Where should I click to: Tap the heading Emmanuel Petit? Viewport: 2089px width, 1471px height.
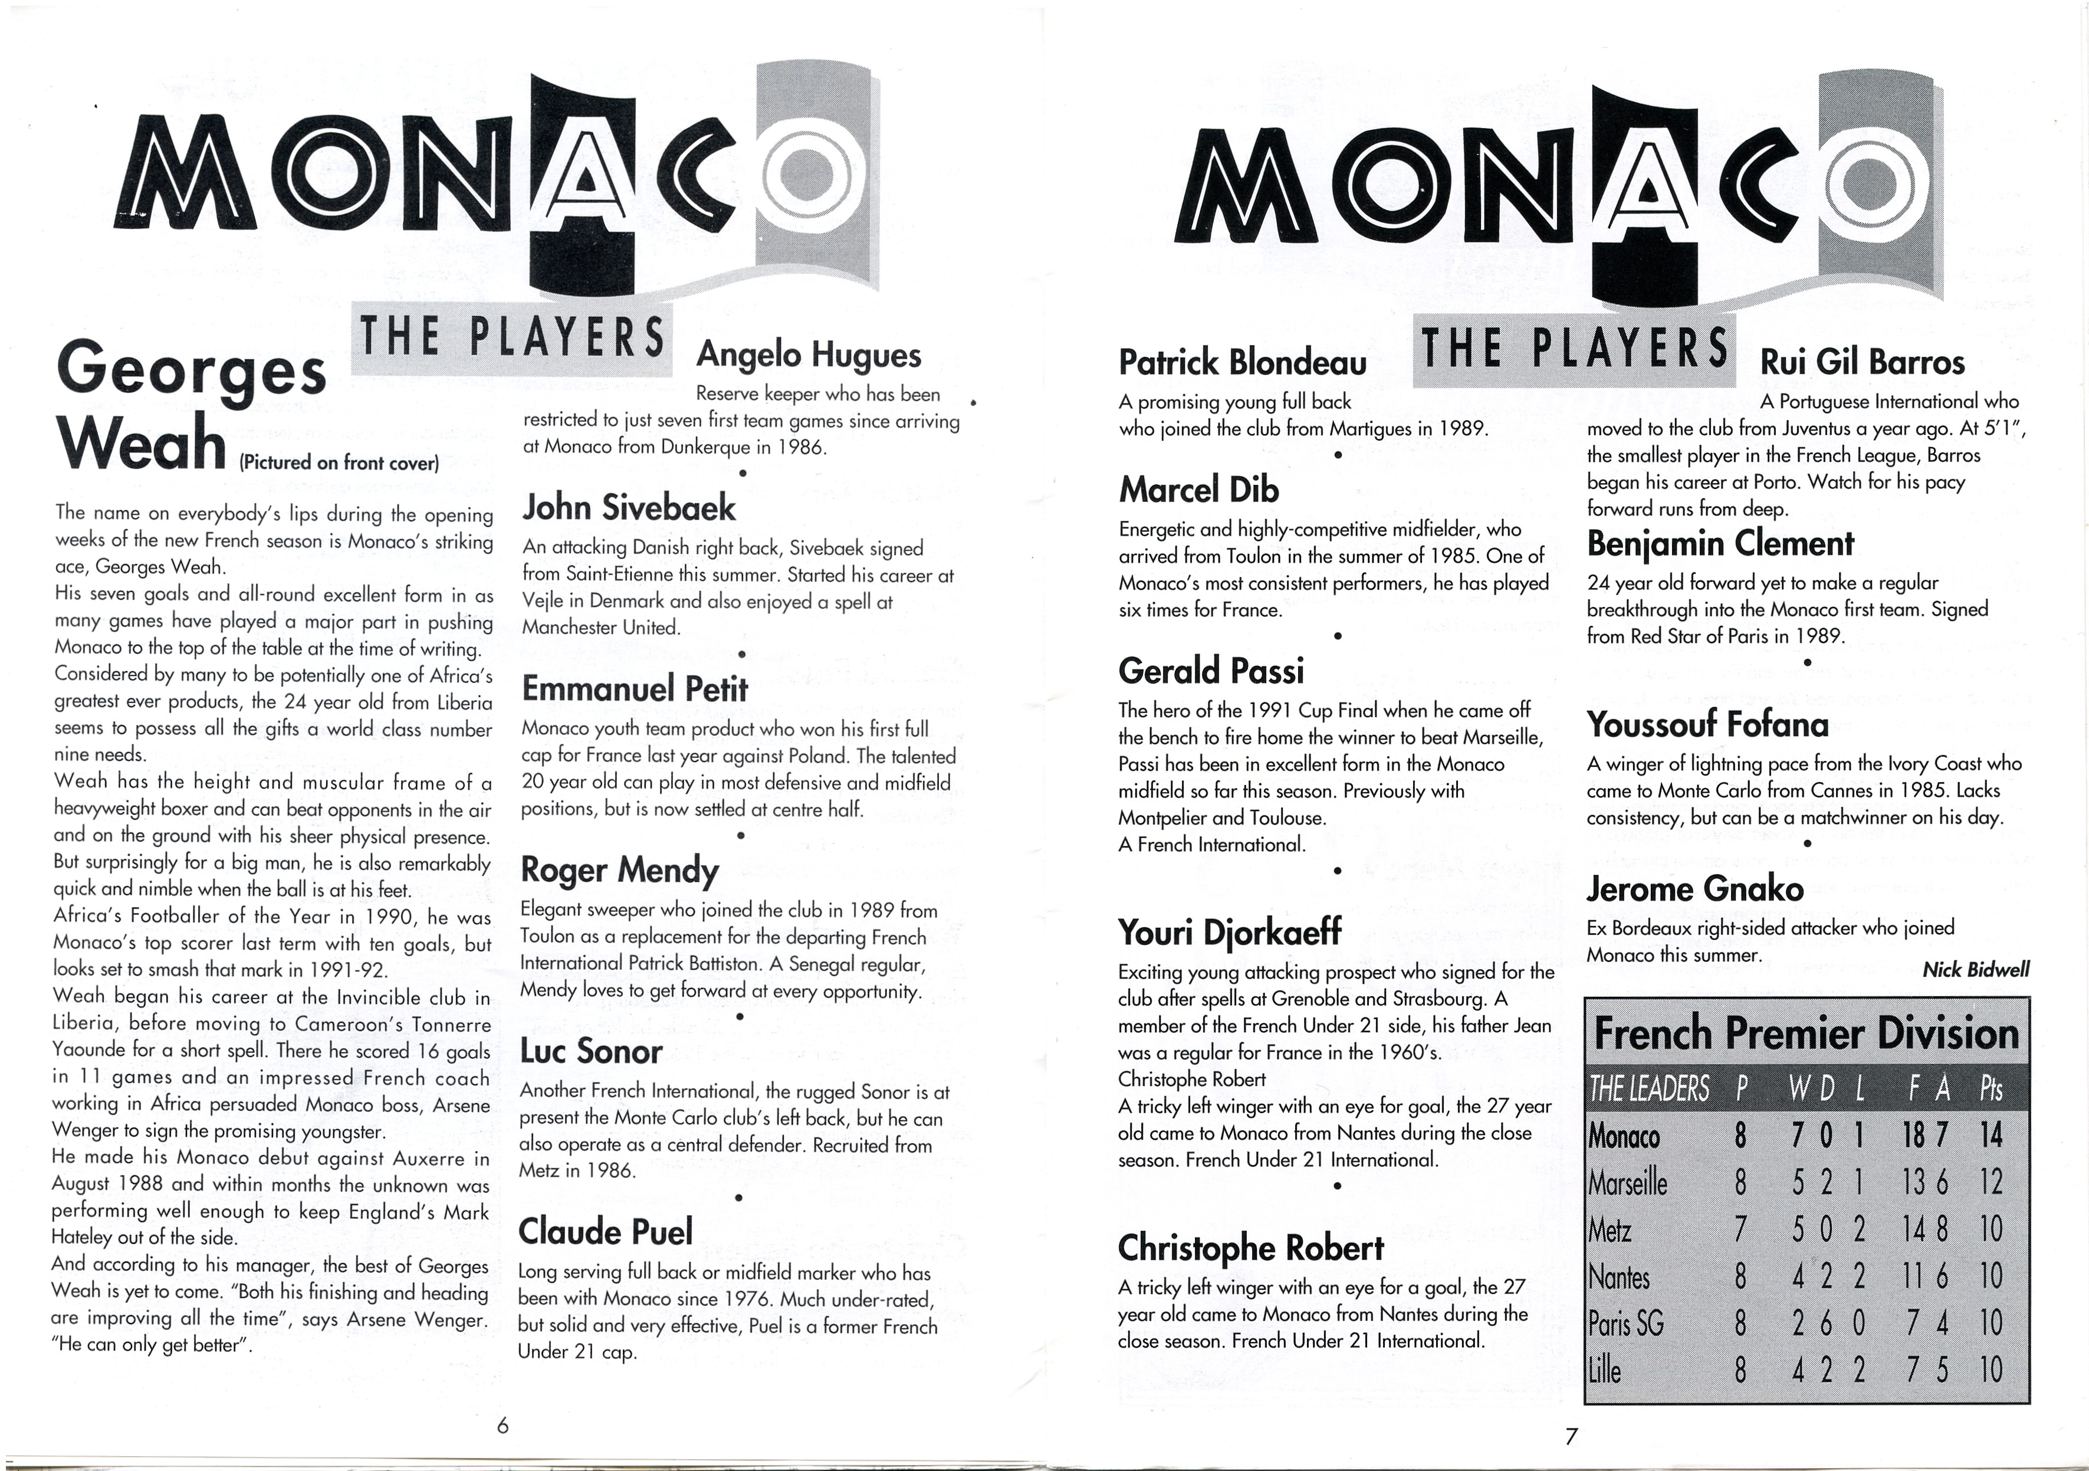(634, 689)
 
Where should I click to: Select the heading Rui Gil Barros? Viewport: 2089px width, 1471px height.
(1863, 363)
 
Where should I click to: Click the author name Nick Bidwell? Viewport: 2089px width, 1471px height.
(1975, 970)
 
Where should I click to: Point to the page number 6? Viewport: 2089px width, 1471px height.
(502, 1426)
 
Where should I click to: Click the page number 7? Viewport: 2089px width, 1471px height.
(1571, 1437)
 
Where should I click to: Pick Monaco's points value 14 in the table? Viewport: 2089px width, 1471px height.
(1990, 1135)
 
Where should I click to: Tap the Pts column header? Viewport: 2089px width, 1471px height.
(1991, 1089)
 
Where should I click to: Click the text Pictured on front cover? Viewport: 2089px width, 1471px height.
(339, 462)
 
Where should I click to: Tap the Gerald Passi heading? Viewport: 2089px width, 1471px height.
(1211, 671)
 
